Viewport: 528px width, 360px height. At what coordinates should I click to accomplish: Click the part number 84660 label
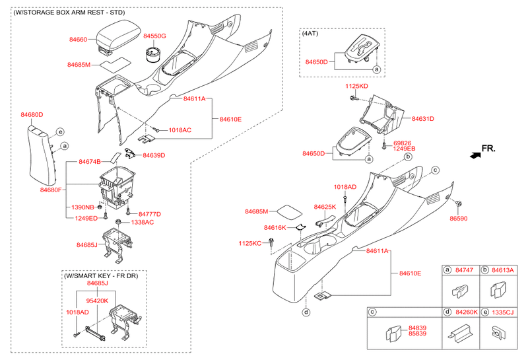[x=78, y=40]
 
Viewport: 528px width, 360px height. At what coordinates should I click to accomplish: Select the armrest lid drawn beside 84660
[x=118, y=36]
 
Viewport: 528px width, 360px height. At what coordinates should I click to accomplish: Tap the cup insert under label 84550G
[x=154, y=55]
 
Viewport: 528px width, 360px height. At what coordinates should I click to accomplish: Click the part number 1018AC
[x=180, y=130]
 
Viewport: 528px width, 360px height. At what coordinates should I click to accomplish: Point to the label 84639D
[x=154, y=155]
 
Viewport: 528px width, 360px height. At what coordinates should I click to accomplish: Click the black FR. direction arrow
[x=475, y=155]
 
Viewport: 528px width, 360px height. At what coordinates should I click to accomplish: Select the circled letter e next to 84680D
[x=60, y=132]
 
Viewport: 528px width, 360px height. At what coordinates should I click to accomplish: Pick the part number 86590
[x=459, y=219]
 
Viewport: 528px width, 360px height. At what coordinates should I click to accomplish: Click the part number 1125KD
[x=356, y=87]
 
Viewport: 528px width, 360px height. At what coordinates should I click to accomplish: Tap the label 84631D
[x=423, y=119]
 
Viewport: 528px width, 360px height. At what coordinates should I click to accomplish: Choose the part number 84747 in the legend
[x=465, y=270]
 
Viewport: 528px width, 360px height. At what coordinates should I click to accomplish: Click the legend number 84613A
[x=503, y=270]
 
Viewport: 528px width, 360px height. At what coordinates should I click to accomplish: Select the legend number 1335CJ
[x=503, y=312]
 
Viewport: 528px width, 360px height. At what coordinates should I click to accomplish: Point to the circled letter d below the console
[x=306, y=312]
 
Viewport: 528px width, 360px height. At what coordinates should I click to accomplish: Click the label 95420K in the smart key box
[x=97, y=301]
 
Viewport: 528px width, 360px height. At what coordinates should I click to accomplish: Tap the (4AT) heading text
[x=310, y=34]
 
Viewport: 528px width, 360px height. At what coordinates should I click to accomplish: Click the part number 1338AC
[x=143, y=223]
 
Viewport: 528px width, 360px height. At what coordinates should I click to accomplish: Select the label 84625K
[x=325, y=207]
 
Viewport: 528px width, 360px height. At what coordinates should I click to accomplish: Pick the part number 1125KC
[x=250, y=243]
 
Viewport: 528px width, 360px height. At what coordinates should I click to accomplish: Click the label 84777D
[x=150, y=215]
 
